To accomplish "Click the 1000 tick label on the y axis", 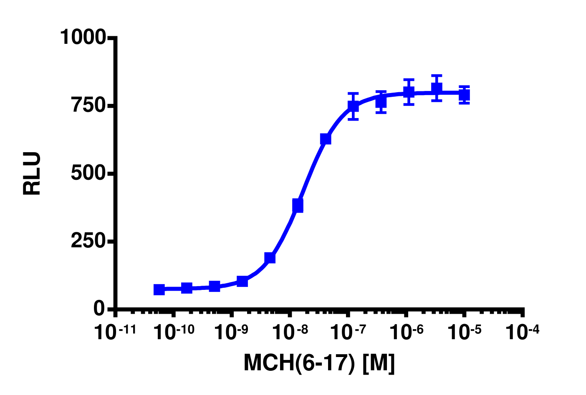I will (83, 38).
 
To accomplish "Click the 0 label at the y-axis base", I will (99, 309).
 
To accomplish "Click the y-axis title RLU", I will (32, 174).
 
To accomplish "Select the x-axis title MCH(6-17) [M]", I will (319, 362).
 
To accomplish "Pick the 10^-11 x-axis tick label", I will (115, 332).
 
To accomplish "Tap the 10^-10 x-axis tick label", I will (173, 332).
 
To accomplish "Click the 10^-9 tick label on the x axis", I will (231, 332).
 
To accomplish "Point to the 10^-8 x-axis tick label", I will (289, 332).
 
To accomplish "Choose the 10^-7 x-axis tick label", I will (347, 332).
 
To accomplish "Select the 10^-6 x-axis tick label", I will (405, 332).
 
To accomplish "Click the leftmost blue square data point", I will (159, 289).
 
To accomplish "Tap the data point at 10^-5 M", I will (464, 95).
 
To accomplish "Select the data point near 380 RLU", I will (298, 205).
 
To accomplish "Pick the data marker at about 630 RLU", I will (326, 139).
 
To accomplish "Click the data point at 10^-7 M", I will (353, 106).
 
